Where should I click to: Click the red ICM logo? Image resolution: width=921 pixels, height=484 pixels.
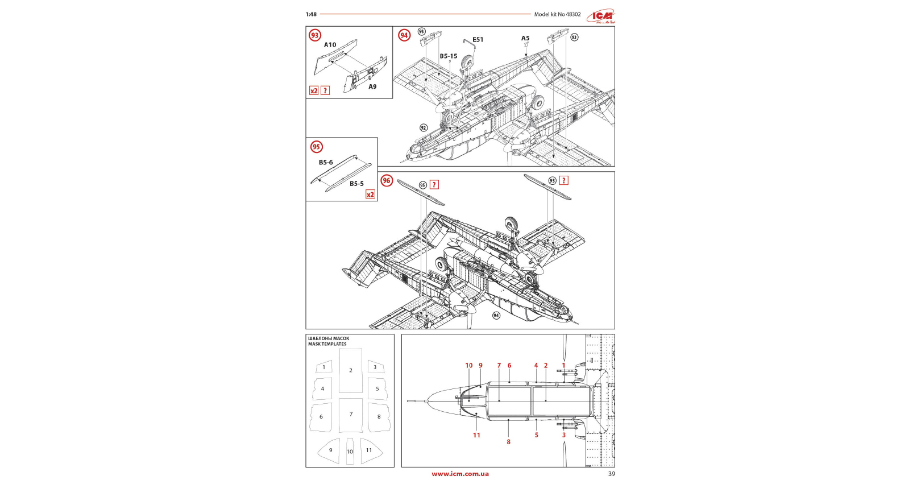click(x=601, y=16)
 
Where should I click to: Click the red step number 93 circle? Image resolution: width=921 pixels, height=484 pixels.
click(x=314, y=35)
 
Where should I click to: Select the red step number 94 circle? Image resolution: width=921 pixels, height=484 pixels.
click(x=404, y=35)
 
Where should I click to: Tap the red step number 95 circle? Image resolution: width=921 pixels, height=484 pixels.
click(x=316, y=147)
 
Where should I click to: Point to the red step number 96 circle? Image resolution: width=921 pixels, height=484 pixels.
click(x=387, y=181)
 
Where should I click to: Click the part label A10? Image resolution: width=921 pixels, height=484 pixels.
click(x=330, y=45)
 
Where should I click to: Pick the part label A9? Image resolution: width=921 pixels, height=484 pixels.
click(x=372, y=87)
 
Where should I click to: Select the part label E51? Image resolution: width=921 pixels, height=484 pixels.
click(x=478, y=40)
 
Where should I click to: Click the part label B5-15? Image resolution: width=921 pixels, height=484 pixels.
click(x=448, y=56)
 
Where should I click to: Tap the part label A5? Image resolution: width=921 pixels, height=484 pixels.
click(x=525, y=39)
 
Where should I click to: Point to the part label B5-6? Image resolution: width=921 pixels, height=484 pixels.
click(x=326, y=163)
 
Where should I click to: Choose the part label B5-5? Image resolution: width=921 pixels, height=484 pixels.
click(x=356, y=184)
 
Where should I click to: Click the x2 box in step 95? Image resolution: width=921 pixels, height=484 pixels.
click(x=370, y=195)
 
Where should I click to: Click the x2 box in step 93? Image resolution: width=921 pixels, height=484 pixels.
click(x=314, y=91)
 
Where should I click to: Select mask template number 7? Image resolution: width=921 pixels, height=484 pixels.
click(x=351, y=414)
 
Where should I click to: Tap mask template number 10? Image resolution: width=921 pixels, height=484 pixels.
click(x=350, y=452)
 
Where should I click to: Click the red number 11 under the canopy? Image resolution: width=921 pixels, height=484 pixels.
click(x=476, y=435)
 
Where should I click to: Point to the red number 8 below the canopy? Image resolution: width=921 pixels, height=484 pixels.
click(x=508, y=442)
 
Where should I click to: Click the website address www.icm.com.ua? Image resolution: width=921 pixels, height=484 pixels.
click(x=460, y=474)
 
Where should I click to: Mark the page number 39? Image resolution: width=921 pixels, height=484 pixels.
click(x=611, y=474)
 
